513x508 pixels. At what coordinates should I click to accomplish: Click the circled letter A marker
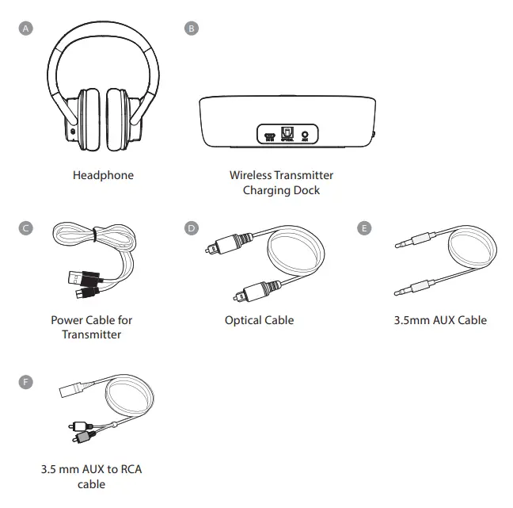[x=28, y=29]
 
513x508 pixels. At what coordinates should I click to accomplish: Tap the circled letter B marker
[x=191, y=29]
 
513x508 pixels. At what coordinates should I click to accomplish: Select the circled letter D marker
[x=191, y=228]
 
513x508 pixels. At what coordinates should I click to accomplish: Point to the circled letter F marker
[x=28, y=382]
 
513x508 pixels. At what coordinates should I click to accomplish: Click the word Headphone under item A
[x=103, y=175]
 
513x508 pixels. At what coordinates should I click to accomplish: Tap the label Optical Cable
[x=259, y=320]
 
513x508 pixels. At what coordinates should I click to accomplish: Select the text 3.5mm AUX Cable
[x=440, y=320]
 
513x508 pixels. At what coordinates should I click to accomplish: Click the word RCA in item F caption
[x=130, y=469]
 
